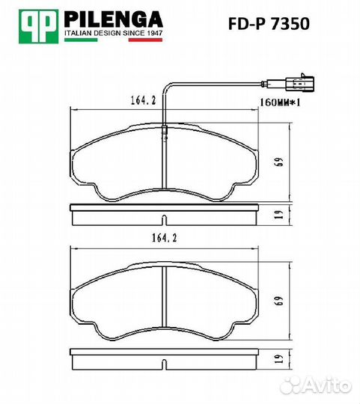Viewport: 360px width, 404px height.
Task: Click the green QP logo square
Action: coord(39,26)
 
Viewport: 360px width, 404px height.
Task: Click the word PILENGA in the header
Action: coord(113,19)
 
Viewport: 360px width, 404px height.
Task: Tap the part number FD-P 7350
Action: coord(269,24)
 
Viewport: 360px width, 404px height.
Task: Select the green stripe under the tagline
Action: coord(81,40)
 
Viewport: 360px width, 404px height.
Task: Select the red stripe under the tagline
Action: coord(146,40)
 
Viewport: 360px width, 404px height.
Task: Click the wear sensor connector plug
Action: coord(299,83)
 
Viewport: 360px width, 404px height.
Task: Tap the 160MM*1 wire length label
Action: coord(280,102)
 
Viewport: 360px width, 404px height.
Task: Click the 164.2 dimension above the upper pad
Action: coord(143,100)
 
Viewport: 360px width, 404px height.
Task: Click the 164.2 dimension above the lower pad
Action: coord(165,238)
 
